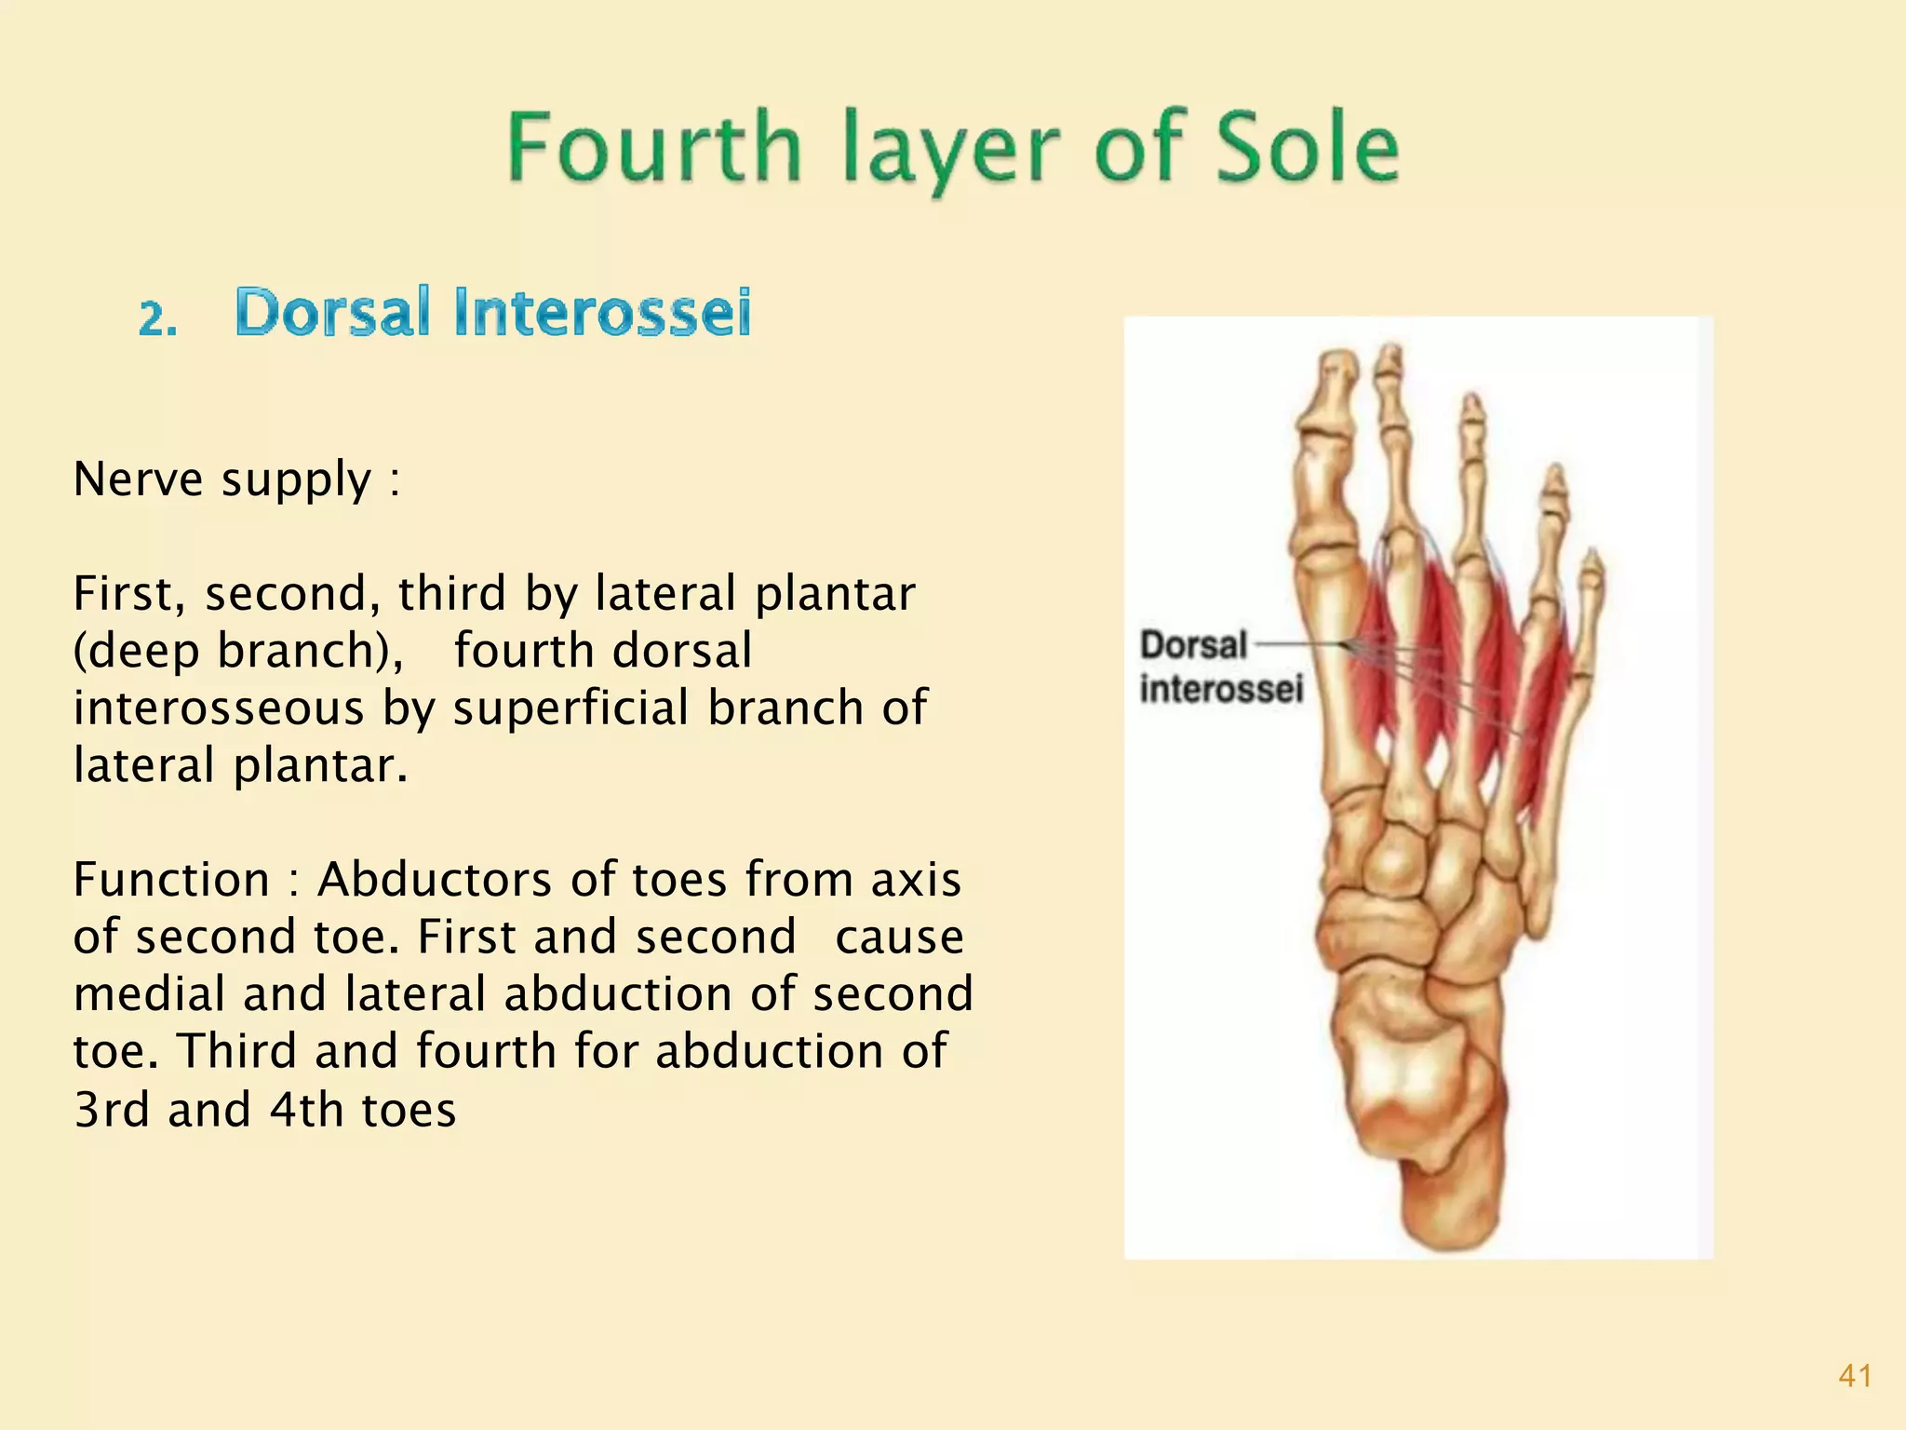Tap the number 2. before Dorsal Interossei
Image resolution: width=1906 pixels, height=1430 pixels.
coord(157,319)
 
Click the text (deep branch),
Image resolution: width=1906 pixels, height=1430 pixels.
coord(238,650)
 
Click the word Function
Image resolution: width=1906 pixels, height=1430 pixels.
coord(171,879)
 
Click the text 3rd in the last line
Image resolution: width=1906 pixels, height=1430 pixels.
coord(112,1109)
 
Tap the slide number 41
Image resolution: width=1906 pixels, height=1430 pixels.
coord(1855,1376)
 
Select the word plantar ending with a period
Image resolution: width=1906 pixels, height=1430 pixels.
coord(320,766)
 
